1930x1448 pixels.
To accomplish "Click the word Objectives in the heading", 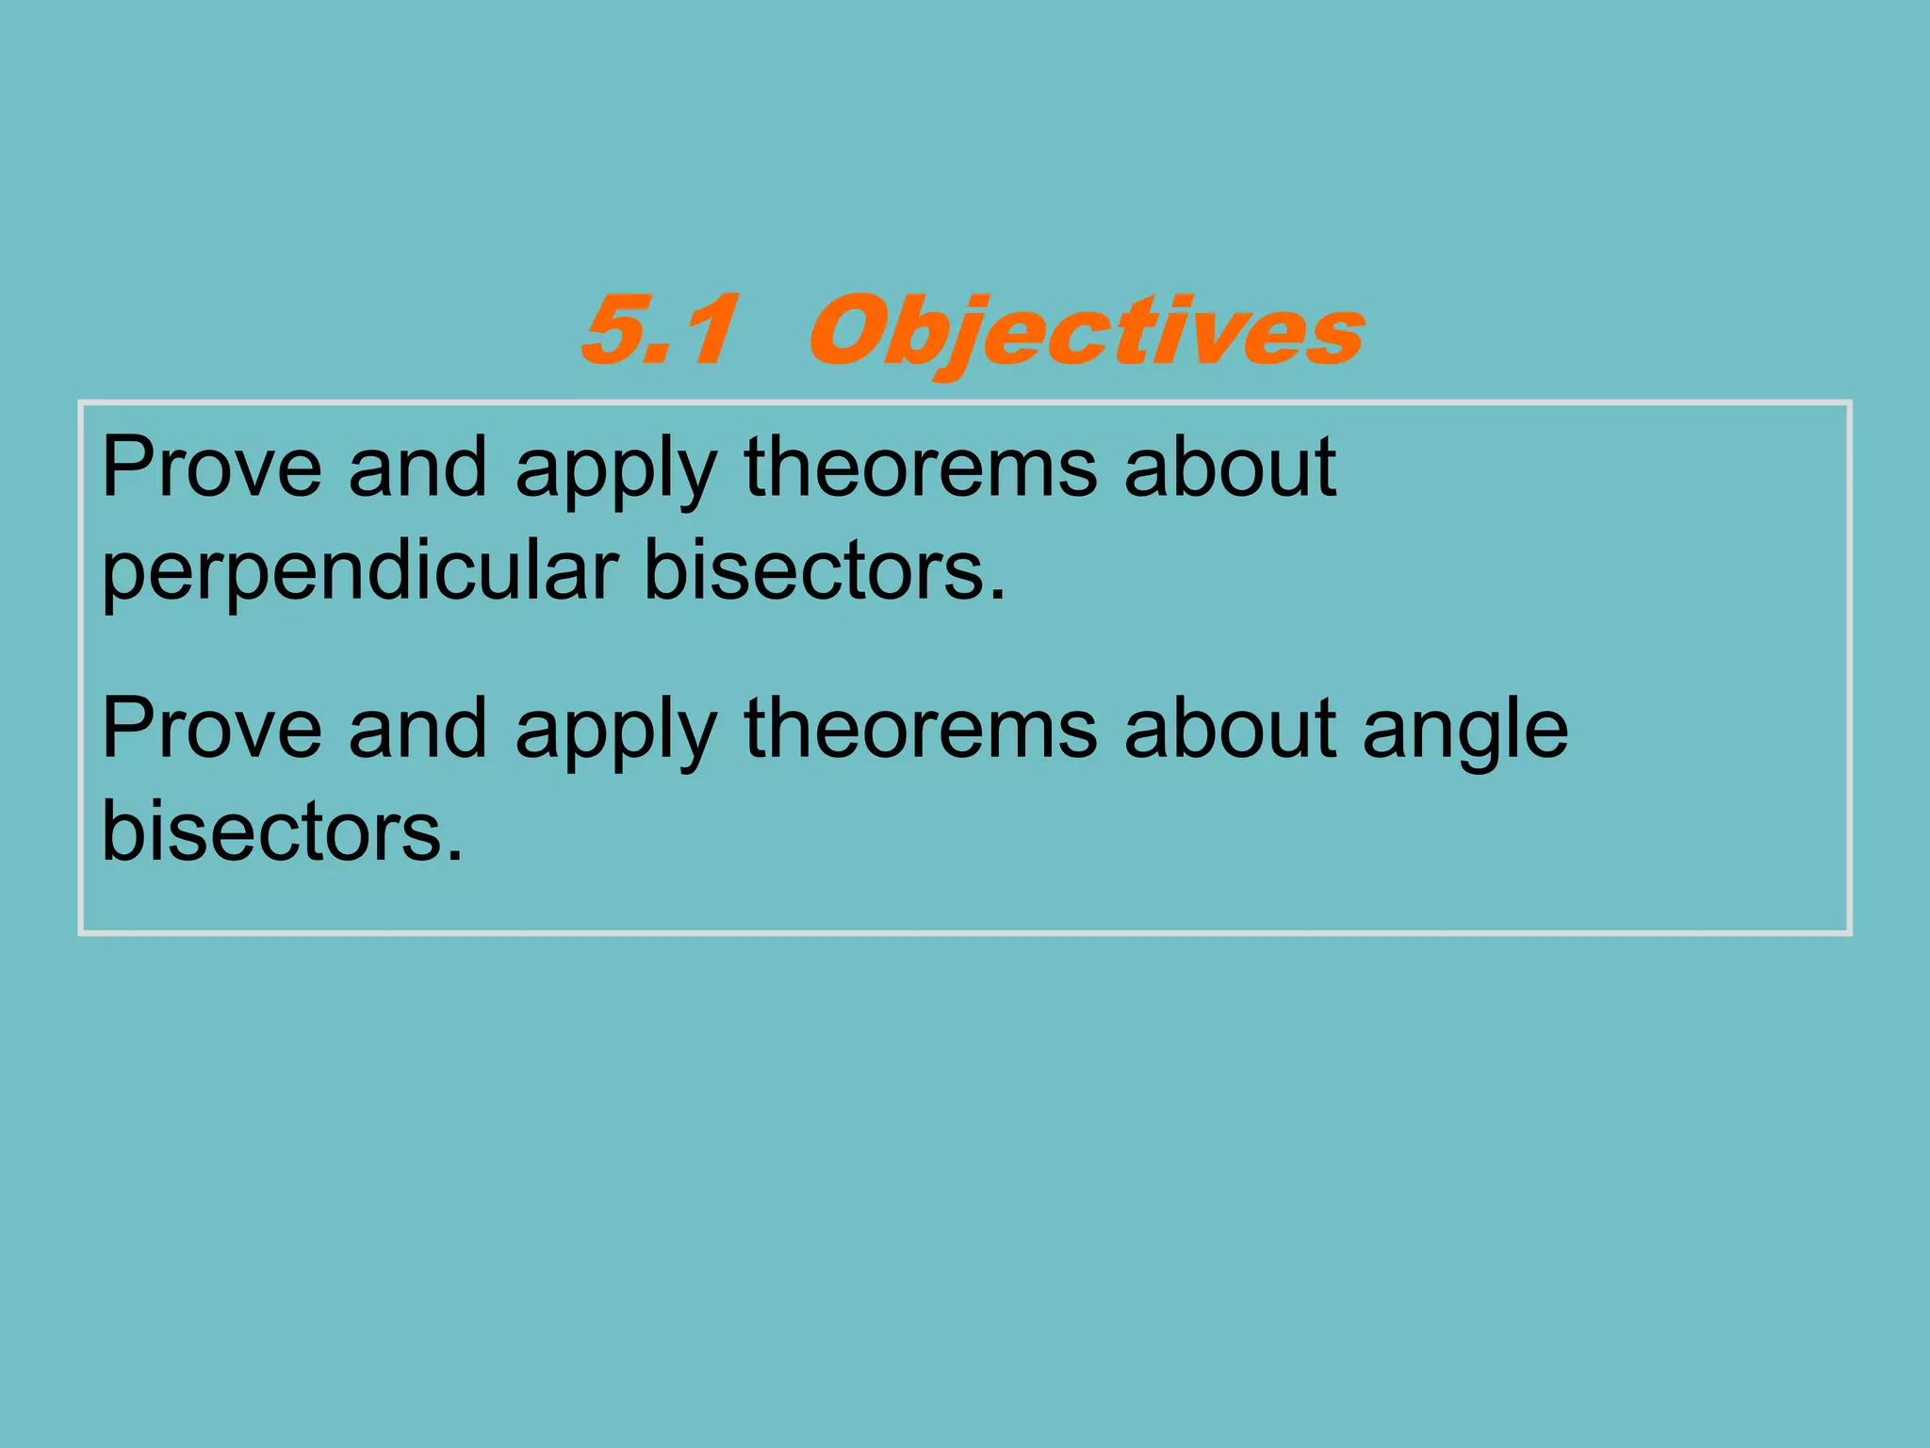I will tap(1086, 332).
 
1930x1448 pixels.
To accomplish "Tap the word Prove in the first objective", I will tap(211, 468).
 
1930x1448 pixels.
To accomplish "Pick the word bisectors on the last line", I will tap(273, 831).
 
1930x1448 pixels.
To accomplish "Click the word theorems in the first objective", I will tap(921, 468).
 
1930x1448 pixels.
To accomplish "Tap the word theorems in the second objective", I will tap(921, 729).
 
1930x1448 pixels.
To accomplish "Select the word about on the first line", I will tap(1229, 468).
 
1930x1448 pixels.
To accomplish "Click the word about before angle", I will tap(1229, 729).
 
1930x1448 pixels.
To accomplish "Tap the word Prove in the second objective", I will tap(211, 729).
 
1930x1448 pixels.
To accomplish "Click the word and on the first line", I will tap(417, 468).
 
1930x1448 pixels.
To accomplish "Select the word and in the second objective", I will tap(417, 729).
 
